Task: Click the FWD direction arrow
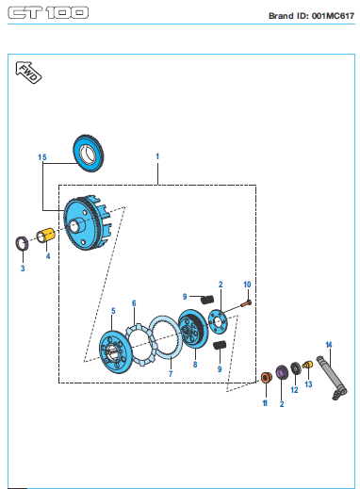28,73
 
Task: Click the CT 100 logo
48,13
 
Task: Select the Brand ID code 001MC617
333,16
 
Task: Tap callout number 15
42,157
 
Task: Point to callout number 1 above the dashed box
157,156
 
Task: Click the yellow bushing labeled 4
46,236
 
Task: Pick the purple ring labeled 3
22,243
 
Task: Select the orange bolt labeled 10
246,303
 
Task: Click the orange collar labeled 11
266,377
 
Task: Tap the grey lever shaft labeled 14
332,378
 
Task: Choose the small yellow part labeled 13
308,365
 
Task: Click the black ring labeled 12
295,368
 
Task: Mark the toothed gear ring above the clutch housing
89,154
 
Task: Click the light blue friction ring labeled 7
165,337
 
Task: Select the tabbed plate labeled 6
140,345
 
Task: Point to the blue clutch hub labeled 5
114,351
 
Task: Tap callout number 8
195,365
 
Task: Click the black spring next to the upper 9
207,300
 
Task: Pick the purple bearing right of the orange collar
282,372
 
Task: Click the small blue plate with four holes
218,321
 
